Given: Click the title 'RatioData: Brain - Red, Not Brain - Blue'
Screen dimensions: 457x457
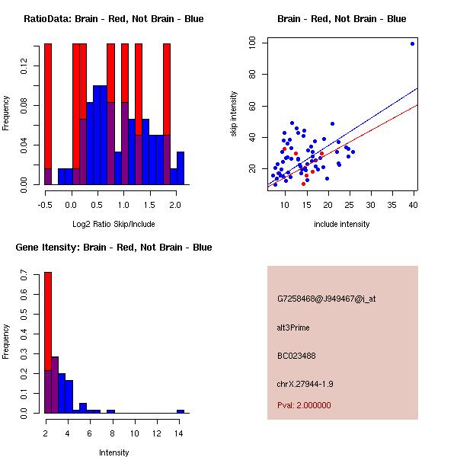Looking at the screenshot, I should click(x=113, y=19).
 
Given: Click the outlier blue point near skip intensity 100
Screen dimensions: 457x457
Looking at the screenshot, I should click(x=412, y=43).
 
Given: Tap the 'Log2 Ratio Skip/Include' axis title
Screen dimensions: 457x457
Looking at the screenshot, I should click(x=113, y=223).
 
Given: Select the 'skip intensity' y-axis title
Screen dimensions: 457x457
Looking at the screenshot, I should click(x=235, y=114).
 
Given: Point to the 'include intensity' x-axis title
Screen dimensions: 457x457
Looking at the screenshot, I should click(x=342, y=223).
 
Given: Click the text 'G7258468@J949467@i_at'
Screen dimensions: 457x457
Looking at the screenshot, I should click(x=327, y=299).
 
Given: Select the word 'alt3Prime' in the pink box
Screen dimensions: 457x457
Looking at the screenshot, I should click(x=293, y=328).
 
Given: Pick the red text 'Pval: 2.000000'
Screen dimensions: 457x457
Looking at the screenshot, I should click(x=304, y=405).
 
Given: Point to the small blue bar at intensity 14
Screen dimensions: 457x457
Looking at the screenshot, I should click(x=181, y=411).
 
